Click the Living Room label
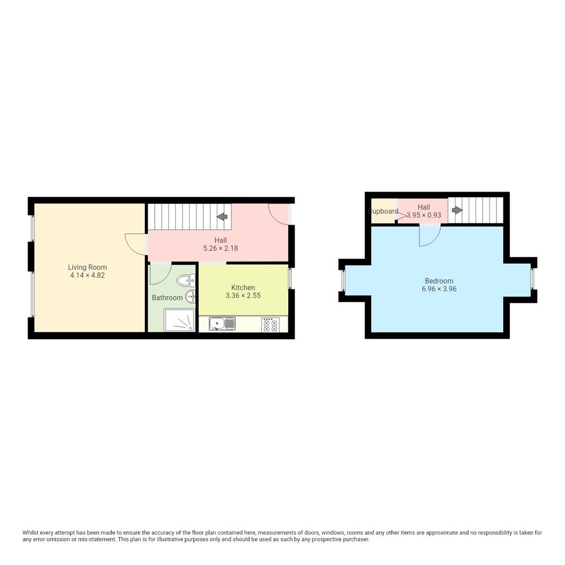tap(87, 267)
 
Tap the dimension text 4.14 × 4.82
tap(87, 275)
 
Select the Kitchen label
tap(243, 287)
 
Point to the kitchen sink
tap(222, 324)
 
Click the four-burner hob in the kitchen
tap(270, 325)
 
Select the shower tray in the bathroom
tap(179, 320)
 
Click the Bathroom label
tap(167, 298)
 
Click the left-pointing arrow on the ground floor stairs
tap(222, 217)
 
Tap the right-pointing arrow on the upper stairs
tap(457, 210)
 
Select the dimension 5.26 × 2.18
tap(220, 248)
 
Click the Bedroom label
tap(439, 281)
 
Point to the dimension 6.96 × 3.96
tap(439, 289)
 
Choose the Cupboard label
tap(383, 211)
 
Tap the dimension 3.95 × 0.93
tap(424, 215)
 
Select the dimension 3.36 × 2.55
tap(243, 296)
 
